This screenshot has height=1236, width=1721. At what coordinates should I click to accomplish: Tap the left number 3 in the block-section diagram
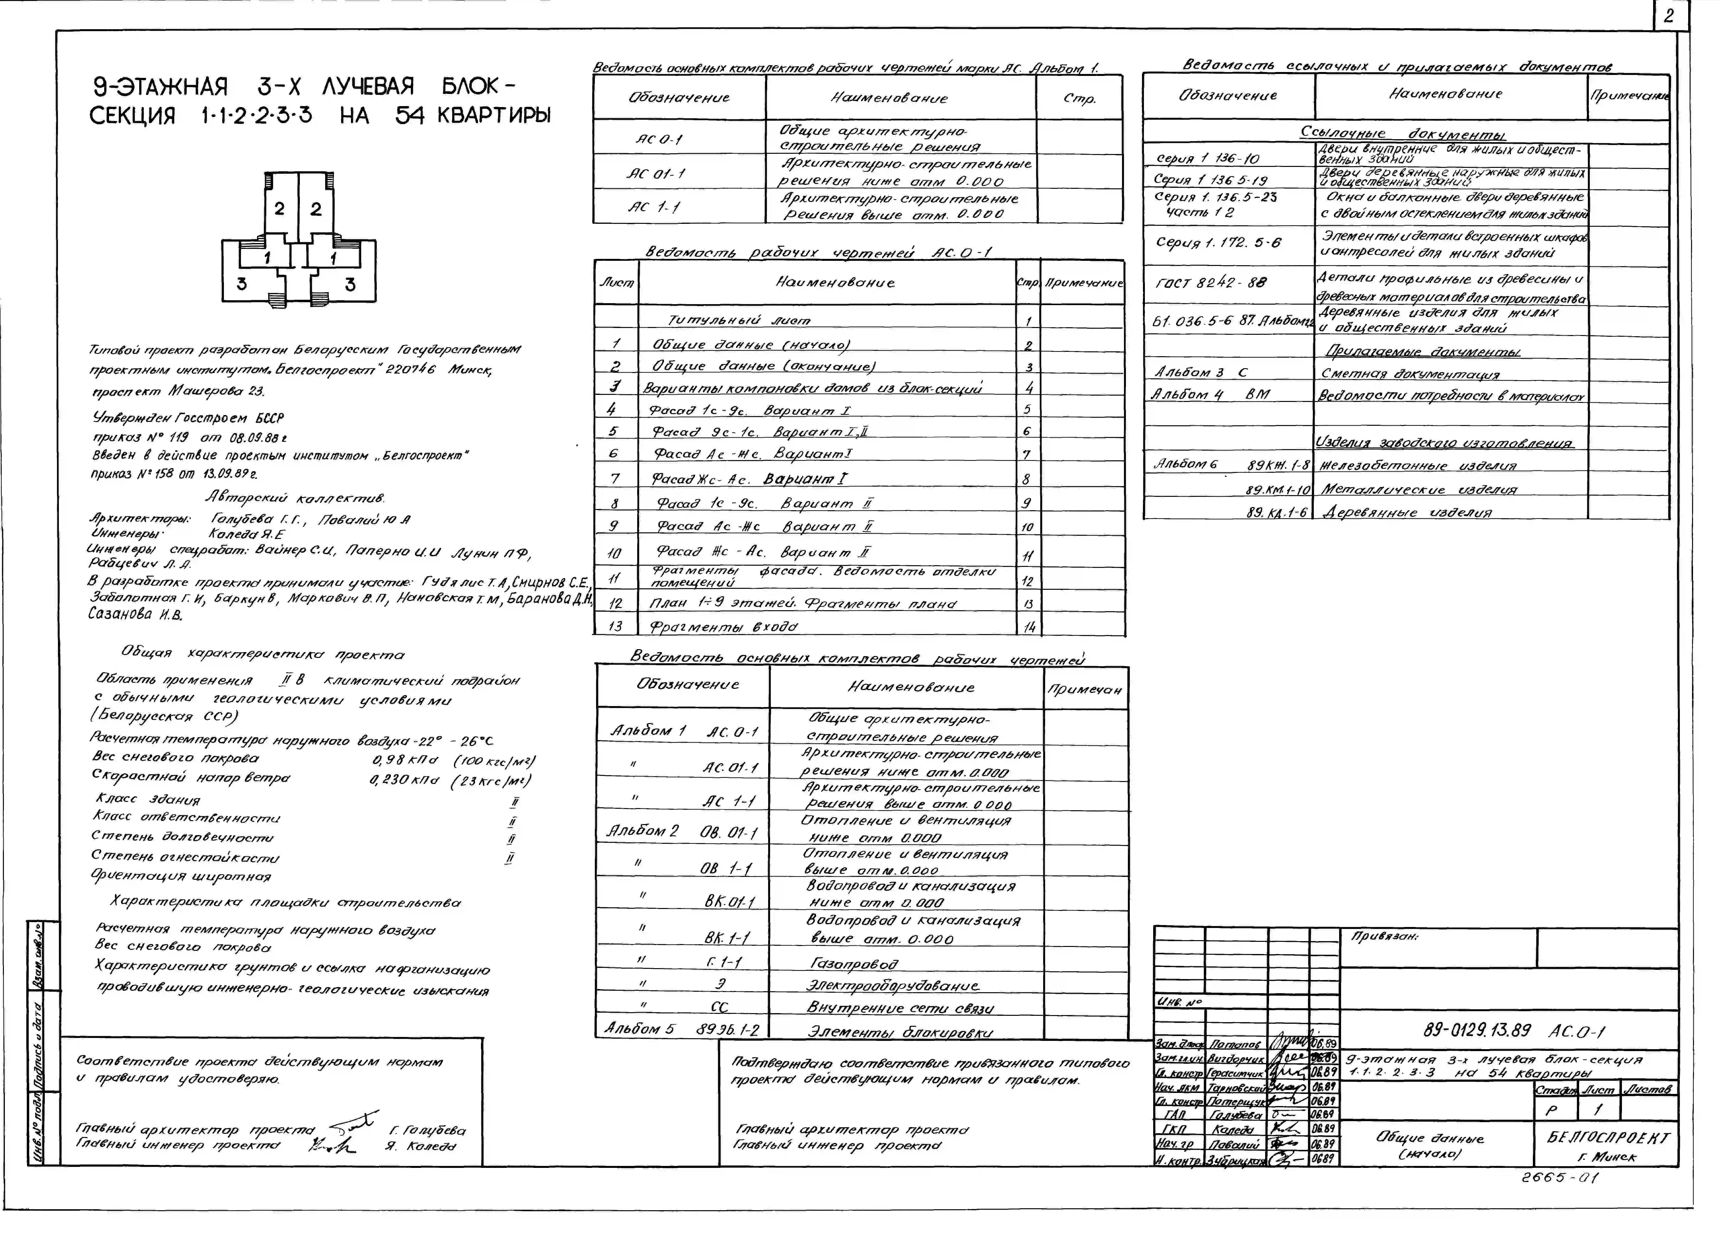[241, 284]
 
